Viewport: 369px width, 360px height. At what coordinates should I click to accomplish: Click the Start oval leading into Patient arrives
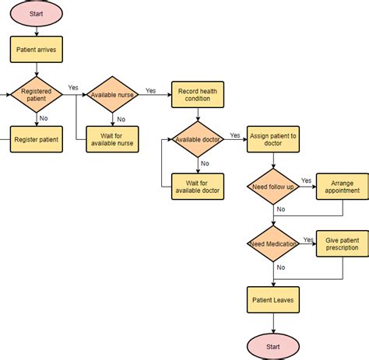[36, 13]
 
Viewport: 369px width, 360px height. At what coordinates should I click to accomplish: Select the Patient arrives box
[36, 51]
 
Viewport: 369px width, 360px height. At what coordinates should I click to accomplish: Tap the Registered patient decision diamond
[36, 95]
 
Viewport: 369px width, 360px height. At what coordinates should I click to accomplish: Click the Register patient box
[36, 139]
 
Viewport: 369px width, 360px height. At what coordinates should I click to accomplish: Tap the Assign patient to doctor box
[273, 140]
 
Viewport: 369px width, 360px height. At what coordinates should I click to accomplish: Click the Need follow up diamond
[273, 187]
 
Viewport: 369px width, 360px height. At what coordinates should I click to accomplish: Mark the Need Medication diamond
[273, 244]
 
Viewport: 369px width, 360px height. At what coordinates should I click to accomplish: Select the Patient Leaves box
[273, 299]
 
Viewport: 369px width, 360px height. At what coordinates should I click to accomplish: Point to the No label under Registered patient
[44, 118]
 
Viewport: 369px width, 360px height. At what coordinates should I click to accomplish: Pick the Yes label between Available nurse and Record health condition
[150, 90]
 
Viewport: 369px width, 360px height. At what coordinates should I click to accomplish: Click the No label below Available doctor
[204, 163]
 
